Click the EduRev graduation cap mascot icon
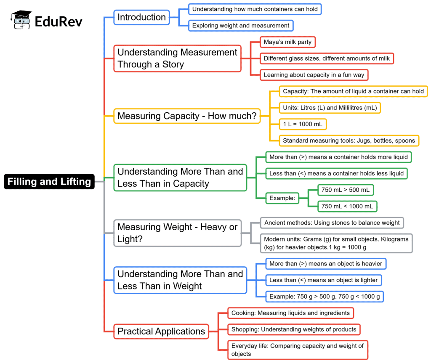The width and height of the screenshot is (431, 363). pos(21,20)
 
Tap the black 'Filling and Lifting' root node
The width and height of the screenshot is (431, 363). pos(49,182)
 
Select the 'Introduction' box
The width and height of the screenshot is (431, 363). pos(141,17)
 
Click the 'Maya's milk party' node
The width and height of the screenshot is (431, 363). pos(287,42)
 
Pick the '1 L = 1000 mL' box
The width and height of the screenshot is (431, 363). pos(303,124)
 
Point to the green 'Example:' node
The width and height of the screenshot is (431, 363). pos(282,198)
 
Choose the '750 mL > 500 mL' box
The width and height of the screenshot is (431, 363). pos(346,190)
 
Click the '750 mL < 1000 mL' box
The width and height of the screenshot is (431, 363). pos(347,207)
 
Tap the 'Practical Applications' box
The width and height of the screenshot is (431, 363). pos(161,331)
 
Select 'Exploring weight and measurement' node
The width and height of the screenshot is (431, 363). pos(241,26)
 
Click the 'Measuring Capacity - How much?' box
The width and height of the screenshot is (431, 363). pos(187,116)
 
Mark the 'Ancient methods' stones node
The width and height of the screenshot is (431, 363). pos(332,223)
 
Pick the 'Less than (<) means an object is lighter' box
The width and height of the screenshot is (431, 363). pos(324,280)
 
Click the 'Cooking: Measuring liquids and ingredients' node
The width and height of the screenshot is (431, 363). pos(290,313)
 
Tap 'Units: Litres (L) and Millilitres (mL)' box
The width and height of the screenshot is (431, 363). pos(330,108)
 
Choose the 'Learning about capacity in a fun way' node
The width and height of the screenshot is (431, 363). pos(314,75)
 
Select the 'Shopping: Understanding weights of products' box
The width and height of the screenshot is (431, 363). pos(294,329)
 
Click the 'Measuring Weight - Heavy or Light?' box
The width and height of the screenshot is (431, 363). pos(178,233)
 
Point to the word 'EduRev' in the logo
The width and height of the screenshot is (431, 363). pos(59,22)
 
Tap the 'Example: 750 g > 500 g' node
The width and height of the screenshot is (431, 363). pos(325,297)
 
